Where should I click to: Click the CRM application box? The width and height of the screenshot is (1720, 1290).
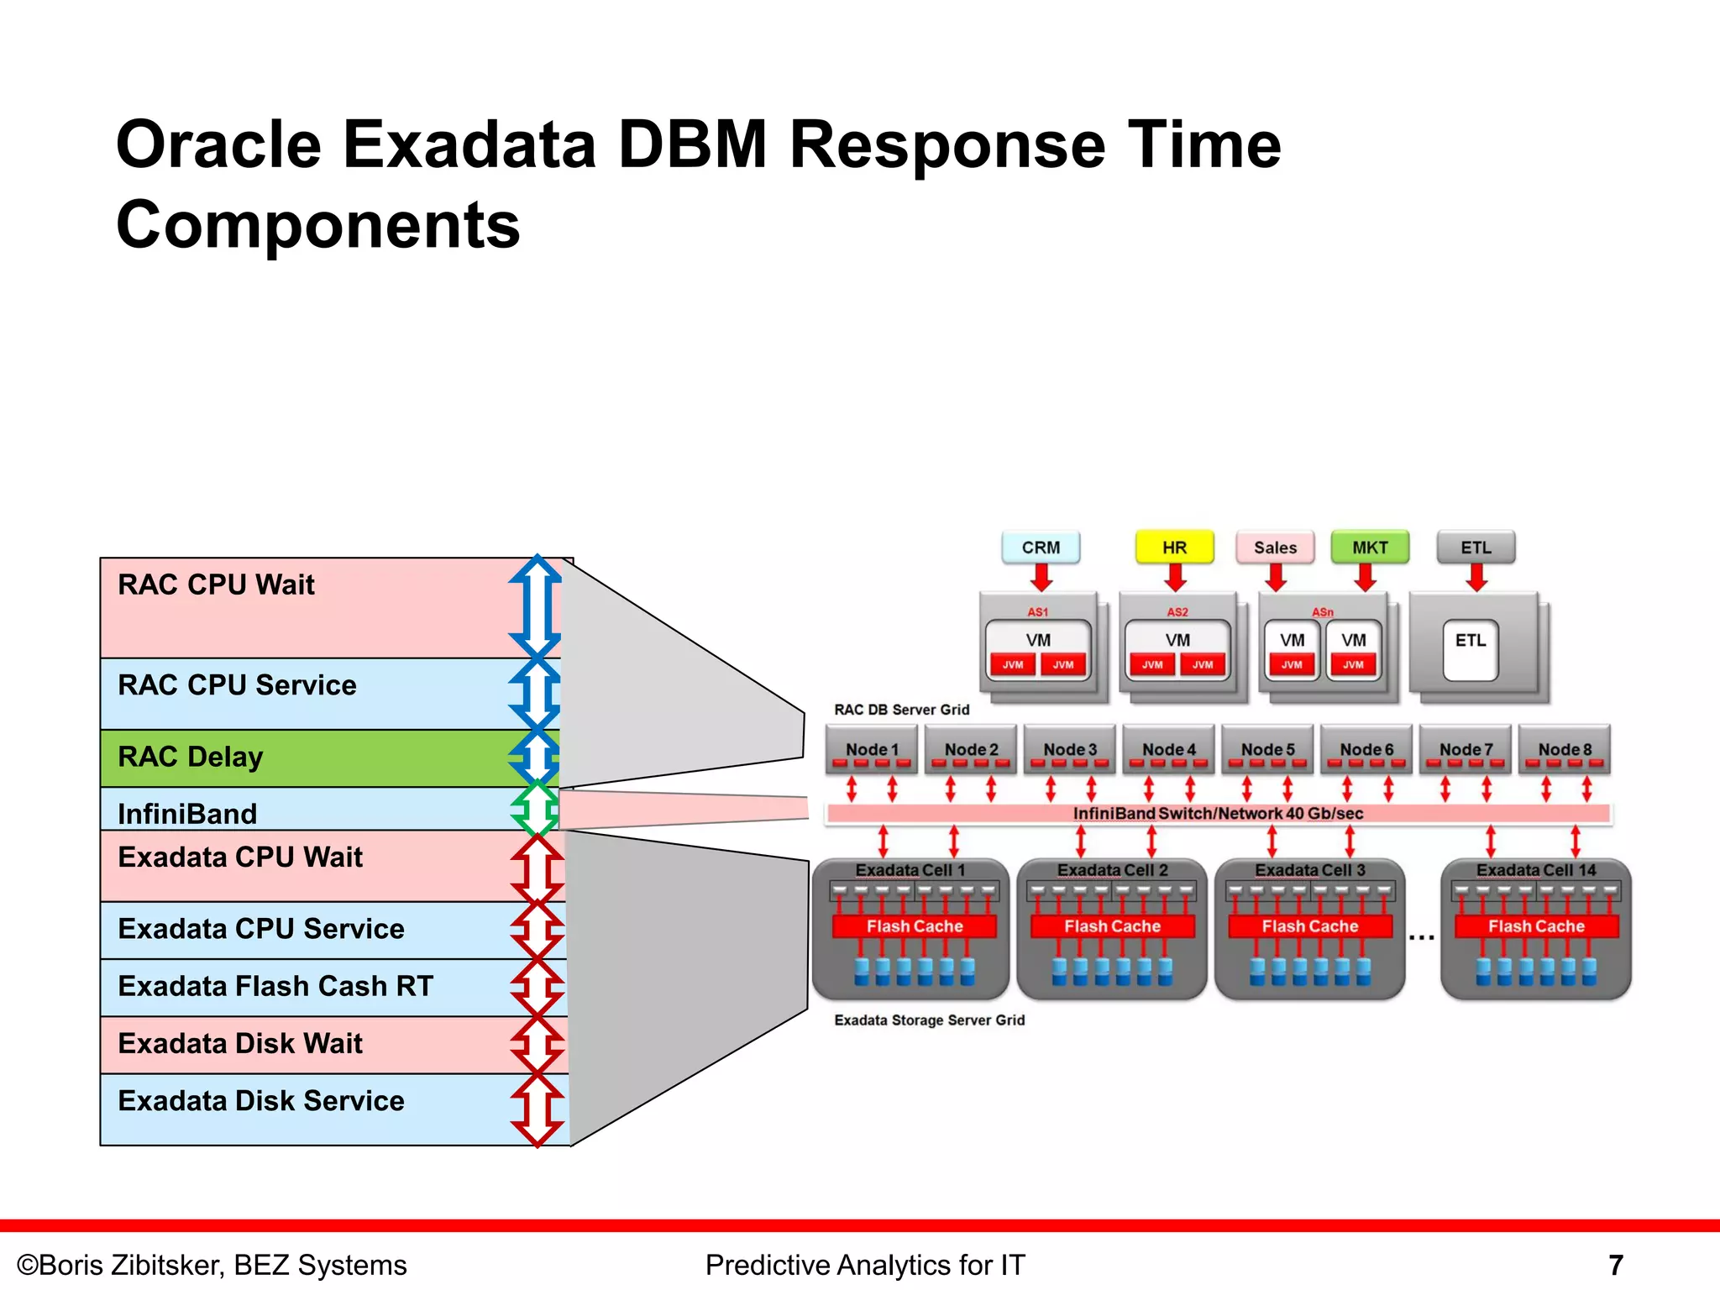(x=1041, y=548)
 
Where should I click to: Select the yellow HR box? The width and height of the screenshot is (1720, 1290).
(x=1174, y=548)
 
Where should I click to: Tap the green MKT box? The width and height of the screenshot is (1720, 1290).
(x=1370, y=548)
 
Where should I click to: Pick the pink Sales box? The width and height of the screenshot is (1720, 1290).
(x=1275, y=548)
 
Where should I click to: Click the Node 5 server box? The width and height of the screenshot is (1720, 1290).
(x=1267, y=749)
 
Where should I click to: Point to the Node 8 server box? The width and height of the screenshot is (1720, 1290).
(x=1564, y=749)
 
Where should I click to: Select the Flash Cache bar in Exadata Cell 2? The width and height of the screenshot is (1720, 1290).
(x=1112, y=926)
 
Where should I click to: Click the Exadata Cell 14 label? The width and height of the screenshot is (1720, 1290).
(x=1535, y=870)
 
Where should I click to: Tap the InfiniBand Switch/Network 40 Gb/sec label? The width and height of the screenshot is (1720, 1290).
(x=1218, y=813)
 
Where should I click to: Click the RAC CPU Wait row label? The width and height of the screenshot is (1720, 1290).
(x=217, y=585)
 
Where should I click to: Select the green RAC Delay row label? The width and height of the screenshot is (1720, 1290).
(x=191, y=757)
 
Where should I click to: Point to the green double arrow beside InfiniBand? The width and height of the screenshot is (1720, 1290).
(x=536, y=809)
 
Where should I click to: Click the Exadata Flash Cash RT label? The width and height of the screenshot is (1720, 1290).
(x=275, y=986)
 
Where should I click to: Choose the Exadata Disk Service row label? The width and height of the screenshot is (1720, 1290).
(x=261, y=1101)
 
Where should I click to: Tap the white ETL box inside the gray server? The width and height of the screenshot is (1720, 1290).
(x=1470, y=649)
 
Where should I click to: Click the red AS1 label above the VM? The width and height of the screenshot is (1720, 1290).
(x=1037, y=612)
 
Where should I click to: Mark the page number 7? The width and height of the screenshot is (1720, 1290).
(x=1615, y=1265)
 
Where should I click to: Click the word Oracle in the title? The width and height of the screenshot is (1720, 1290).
(x=218, y=144)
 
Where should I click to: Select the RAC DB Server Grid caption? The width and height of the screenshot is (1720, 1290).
(x=901, y=710)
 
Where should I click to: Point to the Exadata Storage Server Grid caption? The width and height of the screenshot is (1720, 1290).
(x=929, y=1020)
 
